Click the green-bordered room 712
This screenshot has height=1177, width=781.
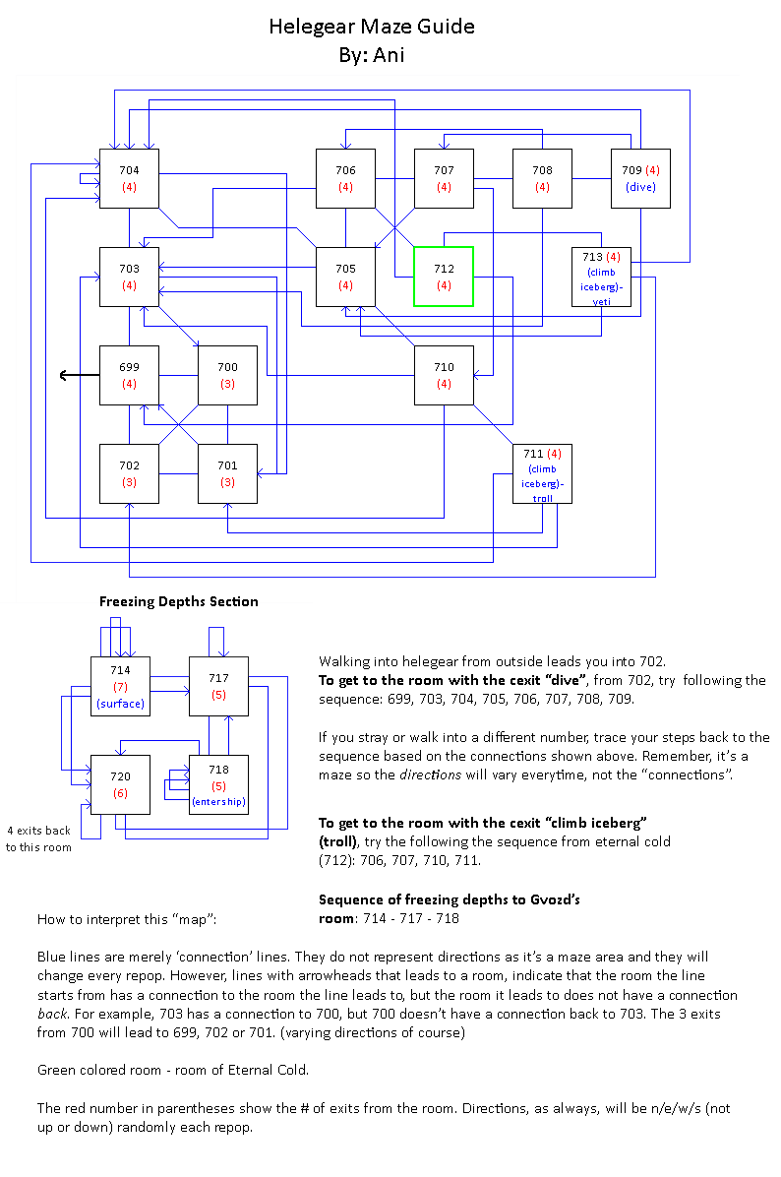444,277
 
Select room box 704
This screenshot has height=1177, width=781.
129,178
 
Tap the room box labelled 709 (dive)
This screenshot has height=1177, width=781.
640,178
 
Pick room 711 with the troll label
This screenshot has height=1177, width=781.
542,473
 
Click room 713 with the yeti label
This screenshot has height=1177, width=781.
601,277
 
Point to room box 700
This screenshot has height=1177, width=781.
227,375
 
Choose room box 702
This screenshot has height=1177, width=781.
129,473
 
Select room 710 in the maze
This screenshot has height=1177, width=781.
444,375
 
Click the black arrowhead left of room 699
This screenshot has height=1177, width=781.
65,375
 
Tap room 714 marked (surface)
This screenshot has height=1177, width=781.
120,686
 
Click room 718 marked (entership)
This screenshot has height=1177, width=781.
218,784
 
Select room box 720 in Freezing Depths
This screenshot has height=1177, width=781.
120,784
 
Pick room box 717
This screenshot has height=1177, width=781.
218,686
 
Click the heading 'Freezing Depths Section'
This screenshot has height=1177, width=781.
179,601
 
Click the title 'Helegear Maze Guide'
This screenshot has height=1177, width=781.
372,27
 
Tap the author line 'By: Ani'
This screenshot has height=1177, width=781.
372,55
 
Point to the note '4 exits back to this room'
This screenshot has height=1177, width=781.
38,838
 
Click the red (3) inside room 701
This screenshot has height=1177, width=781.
227,482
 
